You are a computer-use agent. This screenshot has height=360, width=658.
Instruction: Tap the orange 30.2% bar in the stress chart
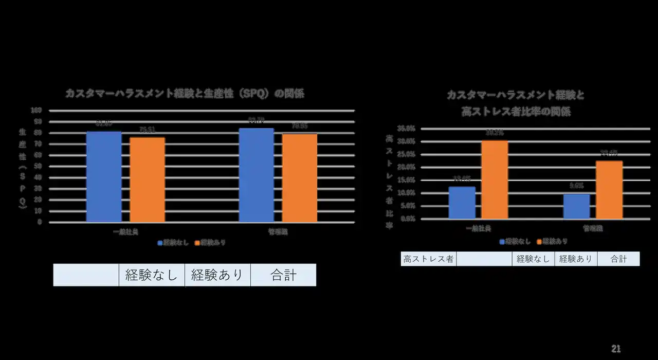pos(495,179)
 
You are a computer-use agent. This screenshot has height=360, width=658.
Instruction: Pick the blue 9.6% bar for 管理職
pos(576,206)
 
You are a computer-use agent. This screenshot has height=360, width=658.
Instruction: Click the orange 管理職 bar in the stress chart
pos(609,190)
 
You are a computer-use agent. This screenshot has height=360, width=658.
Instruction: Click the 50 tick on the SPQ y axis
pos(38,166)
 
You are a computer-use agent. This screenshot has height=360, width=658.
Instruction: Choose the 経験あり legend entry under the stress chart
pos(552,241)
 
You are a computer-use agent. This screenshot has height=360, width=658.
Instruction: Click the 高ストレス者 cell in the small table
pos(428,259)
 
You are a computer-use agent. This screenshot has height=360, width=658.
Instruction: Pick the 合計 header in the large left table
pos(283,275)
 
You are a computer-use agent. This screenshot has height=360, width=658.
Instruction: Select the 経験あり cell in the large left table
pos(217,275)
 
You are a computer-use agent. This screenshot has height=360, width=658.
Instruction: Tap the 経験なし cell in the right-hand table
pos(533,259)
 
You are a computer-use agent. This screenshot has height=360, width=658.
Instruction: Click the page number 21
pos(616,349)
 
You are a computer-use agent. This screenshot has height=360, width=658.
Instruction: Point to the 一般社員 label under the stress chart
pos(478,228)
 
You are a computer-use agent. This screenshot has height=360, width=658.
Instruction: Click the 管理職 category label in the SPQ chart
pos(278,232)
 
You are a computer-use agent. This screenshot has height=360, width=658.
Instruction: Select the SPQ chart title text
pos(185,94)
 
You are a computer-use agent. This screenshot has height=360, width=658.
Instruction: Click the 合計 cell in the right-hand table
pos(618,259)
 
